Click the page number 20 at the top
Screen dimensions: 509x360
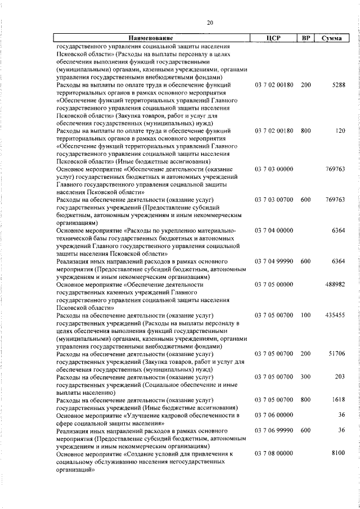209,22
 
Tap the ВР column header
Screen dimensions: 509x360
305,38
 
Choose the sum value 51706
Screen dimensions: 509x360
336,353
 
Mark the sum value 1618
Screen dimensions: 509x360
339,399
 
